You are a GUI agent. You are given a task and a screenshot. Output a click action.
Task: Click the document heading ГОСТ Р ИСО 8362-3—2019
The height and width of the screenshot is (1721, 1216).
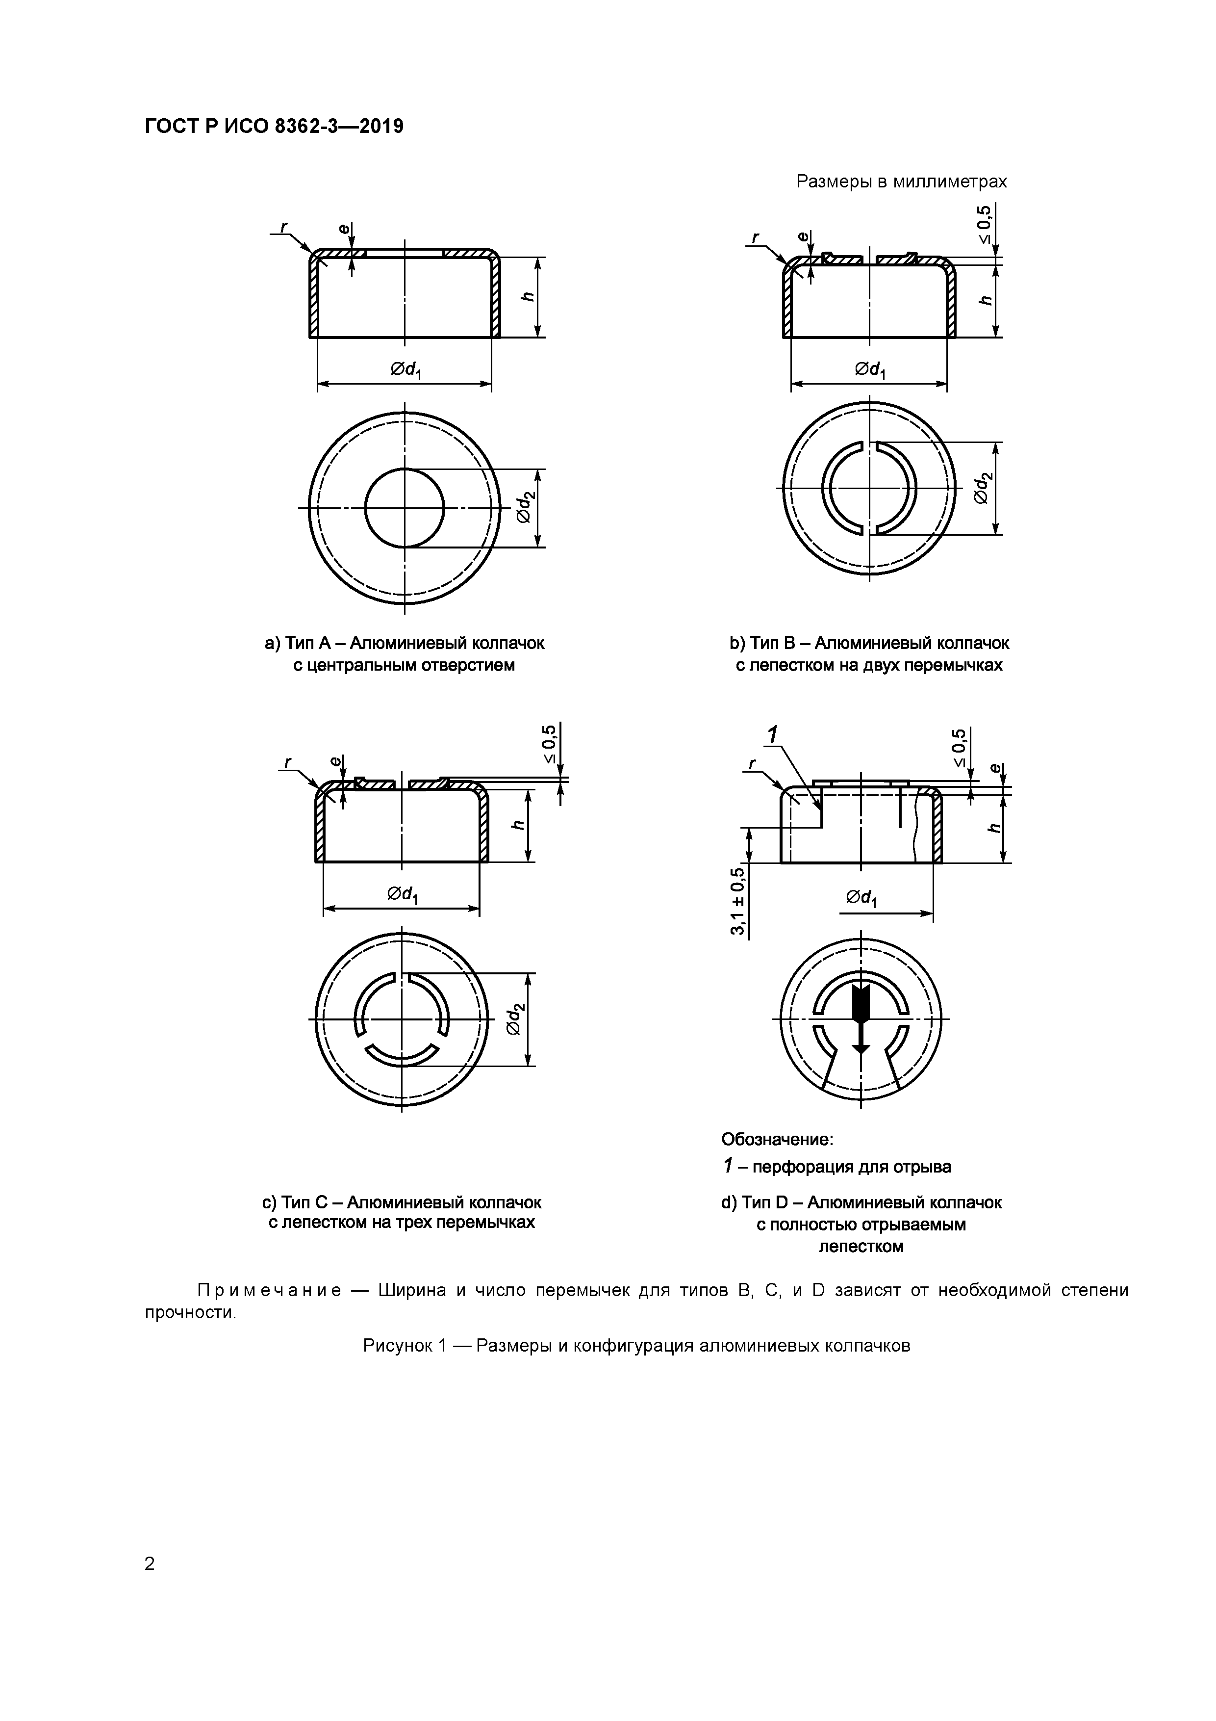(x=274, y=126)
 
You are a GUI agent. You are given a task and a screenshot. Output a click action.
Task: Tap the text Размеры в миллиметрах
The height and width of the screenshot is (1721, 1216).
(x=901, y=182)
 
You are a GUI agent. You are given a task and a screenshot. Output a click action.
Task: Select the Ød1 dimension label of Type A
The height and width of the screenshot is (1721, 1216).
(x=405, y=369)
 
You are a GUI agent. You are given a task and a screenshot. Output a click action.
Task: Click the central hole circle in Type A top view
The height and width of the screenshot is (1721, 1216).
(x=405, y=507)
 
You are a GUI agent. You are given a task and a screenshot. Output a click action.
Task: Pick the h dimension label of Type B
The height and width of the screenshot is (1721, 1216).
(x=986, y=300)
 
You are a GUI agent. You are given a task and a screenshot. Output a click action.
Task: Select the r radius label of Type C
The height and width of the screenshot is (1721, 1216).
(x=287, y=762)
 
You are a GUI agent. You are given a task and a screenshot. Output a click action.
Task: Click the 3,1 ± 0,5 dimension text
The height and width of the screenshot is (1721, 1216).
(x=738, y=899)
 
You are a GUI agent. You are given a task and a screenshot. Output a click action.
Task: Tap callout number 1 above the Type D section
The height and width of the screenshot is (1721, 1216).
(x=772, y=735)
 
